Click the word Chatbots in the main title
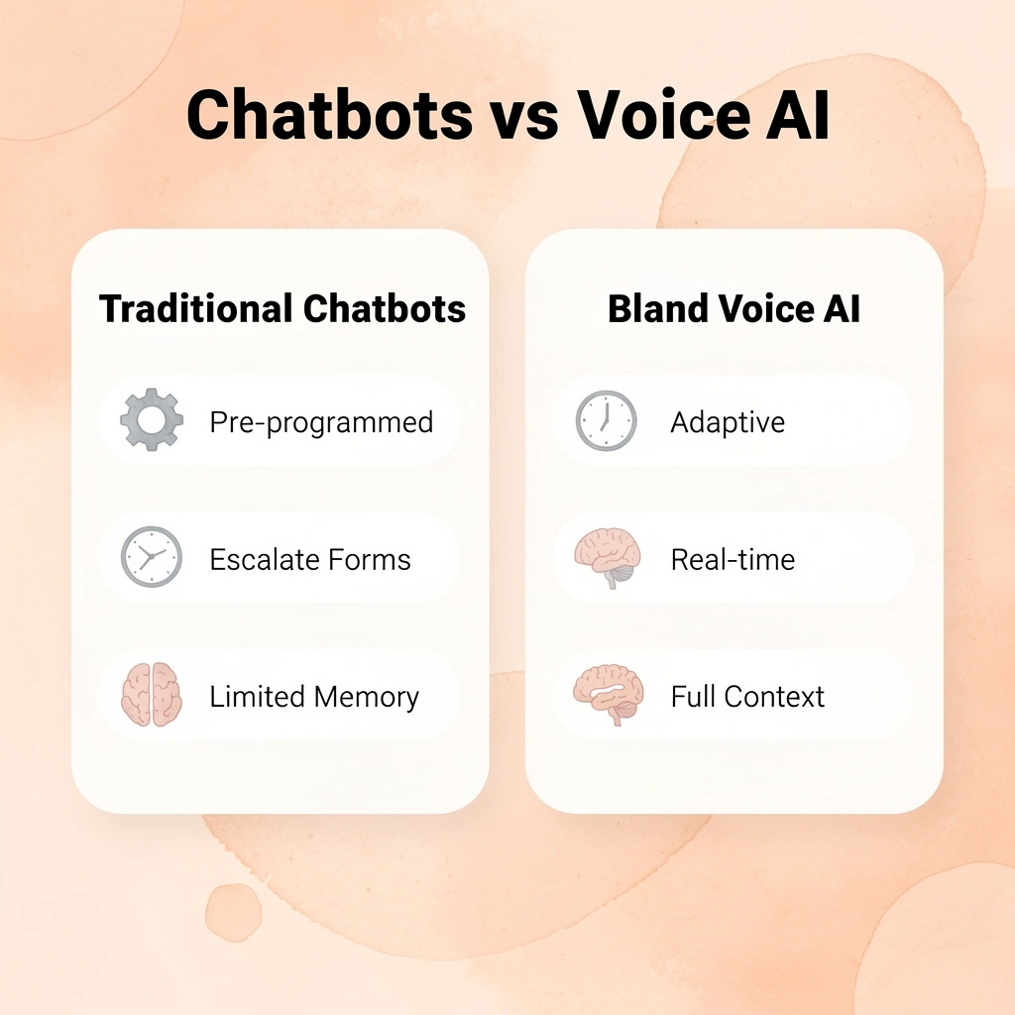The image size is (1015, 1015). click(329, 115)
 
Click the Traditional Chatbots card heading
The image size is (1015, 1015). click(282, 309)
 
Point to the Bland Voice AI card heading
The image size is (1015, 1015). click(733, 309)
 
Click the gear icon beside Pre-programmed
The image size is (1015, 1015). click(152, 421)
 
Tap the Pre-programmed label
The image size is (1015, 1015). click(321, 423)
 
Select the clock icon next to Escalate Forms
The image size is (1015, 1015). click(152, 557)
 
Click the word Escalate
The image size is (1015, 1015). click(260, 560)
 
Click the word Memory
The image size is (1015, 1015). click(367, 697)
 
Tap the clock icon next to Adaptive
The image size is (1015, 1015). click(606, 421)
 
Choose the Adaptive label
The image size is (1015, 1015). click(728, 423)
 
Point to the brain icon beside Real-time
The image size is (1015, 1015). click(607, 557)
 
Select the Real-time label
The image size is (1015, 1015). click(733, 560)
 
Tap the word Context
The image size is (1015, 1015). click(774, 697)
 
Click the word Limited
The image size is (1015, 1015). click(257, 697)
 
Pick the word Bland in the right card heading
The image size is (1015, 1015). click(653, 309)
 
